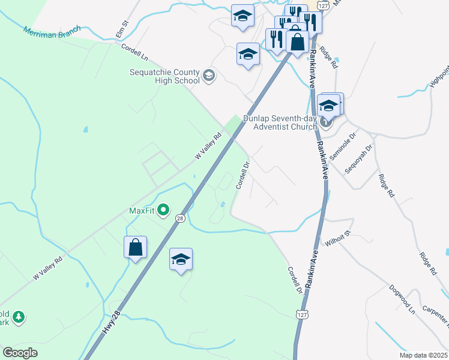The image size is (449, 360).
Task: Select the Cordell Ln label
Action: point(134,52)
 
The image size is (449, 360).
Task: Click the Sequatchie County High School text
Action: point(164,76)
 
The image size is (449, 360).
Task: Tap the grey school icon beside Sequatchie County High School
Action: point(208,75)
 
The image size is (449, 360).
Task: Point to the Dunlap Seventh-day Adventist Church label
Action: point(280,122)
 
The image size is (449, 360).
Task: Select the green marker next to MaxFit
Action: point(163,211)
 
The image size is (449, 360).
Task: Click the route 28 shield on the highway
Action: point(180,219)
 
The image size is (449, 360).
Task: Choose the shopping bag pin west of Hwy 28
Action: point(136,247)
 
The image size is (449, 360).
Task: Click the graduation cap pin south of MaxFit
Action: point(181,259)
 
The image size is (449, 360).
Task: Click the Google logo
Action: point(20,353)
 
